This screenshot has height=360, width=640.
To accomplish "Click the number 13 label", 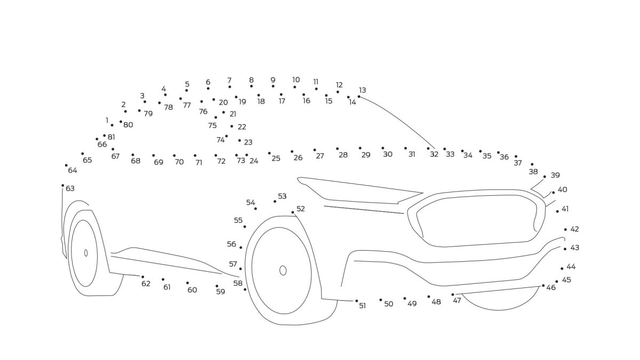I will [x=363, y=90].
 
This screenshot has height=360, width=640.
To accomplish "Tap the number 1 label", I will [x=107, y=121].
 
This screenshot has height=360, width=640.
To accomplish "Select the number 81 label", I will [x=111, y=137].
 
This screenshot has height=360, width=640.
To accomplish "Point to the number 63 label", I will [x=70, y=188].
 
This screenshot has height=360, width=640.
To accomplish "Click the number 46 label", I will [x=551, y=287].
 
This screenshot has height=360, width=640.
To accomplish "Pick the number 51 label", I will [x=363, y=306].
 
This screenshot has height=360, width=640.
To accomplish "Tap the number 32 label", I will [x=434, y=154].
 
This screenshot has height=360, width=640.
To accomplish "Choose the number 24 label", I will [x=254, y=161].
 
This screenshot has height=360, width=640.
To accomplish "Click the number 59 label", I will [x=220, y=292].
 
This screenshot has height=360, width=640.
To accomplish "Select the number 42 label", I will [x=574, y=229].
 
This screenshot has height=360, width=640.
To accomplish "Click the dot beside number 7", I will [x=230, y=87].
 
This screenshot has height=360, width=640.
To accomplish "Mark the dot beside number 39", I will [x=545, y=177].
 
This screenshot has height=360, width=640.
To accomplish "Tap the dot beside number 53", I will [x=275, y=201].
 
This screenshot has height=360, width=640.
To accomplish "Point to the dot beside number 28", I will [x=337, y=149].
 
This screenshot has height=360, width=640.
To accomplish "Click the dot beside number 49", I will [x=404, y=298].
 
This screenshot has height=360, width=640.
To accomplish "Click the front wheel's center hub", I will [x=283, y=270].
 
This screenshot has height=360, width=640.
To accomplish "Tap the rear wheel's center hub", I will [x=86, y=253].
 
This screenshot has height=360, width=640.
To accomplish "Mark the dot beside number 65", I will [x=83, y=154].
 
